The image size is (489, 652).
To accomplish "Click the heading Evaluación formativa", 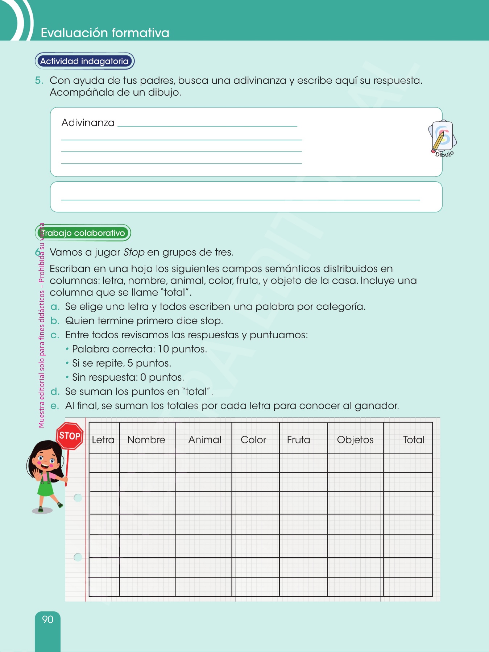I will (x=105, y=33).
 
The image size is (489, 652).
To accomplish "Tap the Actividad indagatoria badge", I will (x=84, y=61).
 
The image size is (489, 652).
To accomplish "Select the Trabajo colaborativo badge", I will (x=83, y=233).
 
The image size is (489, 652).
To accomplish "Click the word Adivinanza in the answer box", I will (x=88, y=123).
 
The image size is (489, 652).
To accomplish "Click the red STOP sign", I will (x=70, y=436).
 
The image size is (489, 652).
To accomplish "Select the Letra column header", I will (x=103, y=440).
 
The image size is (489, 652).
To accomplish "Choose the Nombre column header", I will (x=146, y=440).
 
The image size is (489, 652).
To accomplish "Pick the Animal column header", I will (x=204, y=440).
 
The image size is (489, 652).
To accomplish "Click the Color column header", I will (x=253, y=440).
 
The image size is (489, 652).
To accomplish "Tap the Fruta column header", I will (x=298, y=440).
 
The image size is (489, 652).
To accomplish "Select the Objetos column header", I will (x=355, y=440).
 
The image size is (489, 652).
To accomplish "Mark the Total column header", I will (x=414, y=440).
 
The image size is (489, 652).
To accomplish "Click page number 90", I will (x=47, y=619).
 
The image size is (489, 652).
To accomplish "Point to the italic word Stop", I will (x=134, y=252).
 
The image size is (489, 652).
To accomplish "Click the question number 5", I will (x=38, y=80).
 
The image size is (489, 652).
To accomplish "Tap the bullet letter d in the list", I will (x=55, y=392).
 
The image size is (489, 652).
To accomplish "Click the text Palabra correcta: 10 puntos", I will (x=139, y=349).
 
